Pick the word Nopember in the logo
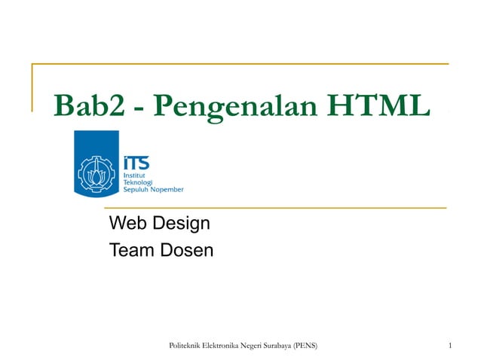pos(167,190)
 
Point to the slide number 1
pos(449,346)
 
